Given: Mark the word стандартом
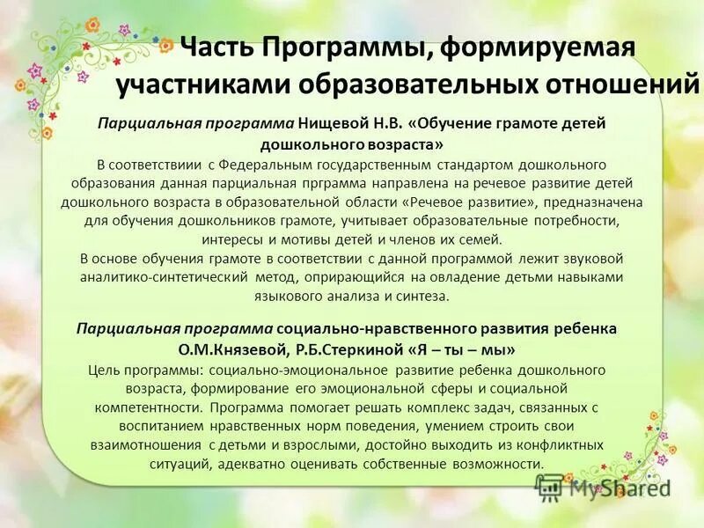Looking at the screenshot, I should pyautogui.click(x=486, y=165).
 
